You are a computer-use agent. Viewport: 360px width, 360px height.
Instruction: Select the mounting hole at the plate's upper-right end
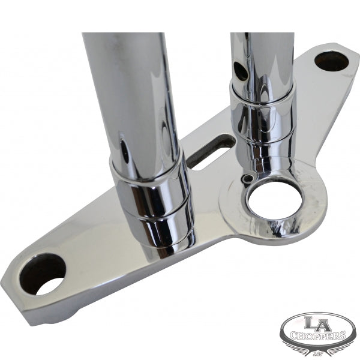coord(332,60)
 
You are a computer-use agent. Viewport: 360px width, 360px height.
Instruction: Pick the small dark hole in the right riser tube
coord(239,71)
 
